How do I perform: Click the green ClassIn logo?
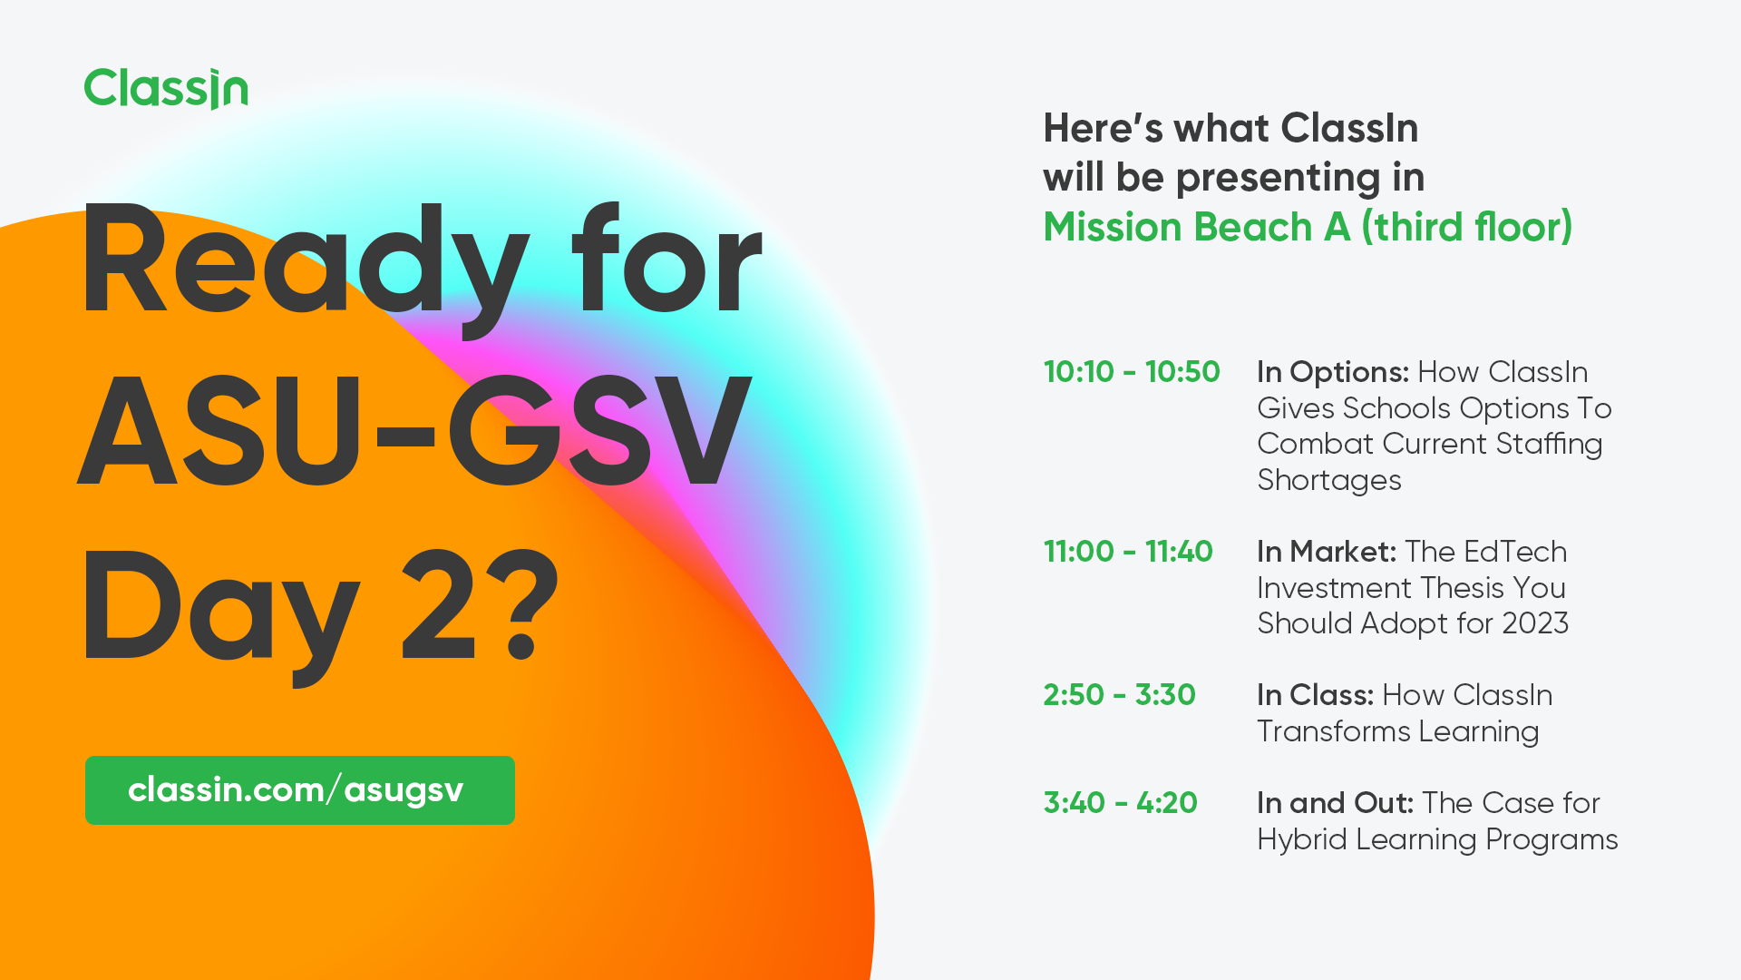click(166, 89)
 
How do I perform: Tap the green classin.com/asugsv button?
click(299, 790)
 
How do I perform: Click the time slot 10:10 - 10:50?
click(1132, 372)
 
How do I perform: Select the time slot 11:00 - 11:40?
click(1128, 552)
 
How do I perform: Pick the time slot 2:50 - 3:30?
click(1119, 695)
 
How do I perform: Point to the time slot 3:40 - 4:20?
click(1120, 803)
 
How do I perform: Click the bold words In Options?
click(1332, 372)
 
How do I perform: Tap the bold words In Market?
click(1326, 552)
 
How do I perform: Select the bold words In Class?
click(1315, 695)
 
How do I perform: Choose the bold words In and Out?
click(1335, 803)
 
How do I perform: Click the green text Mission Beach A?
click(1196, 227)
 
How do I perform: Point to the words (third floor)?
click(1467, 227)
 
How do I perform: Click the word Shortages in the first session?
click(1329, 480)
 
